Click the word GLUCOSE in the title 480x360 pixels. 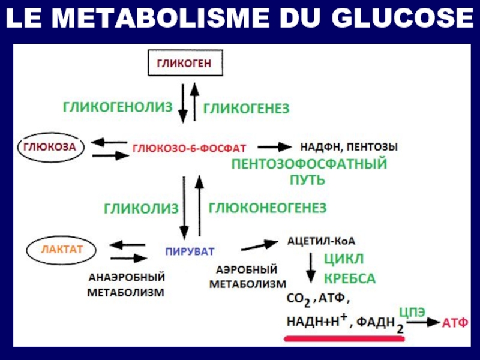[x=403, y=18]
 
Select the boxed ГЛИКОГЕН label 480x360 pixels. [x=185, y=63]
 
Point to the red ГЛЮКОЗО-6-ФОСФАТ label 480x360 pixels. [x=189, y=148]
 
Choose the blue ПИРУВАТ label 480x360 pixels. [x=190, y=251]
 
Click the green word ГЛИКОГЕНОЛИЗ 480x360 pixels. [x=118, y=107]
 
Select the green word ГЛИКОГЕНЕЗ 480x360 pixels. [x=246, y=109]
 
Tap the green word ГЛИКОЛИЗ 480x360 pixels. [x=141, y=209]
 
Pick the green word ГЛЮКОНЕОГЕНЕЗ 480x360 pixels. [x=268, y=208]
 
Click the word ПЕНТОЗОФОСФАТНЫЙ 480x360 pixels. [x=309, y=164]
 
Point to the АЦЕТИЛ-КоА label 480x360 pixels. [x=321, y=241]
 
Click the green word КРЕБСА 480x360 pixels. [x=350, y=278]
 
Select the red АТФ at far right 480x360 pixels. [x=455, y=323]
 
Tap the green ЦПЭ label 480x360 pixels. [x=412, y=312]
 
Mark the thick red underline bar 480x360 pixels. [x=344, y=338]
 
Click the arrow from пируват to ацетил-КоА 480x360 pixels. [x=259, y=245]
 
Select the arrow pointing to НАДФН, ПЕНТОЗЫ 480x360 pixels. [x=275, y=147]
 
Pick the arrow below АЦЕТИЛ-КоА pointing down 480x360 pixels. [x=311, y=268]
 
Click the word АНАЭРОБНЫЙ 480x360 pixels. [x=127, y=277]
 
